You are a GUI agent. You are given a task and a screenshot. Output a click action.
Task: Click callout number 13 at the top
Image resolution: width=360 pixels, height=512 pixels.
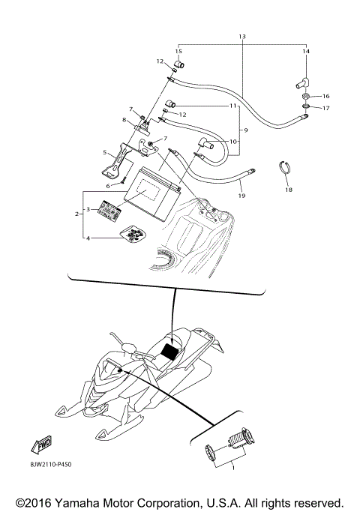tap(241, 37)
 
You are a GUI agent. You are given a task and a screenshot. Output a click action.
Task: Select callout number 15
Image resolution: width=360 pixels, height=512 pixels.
tap(178, 51)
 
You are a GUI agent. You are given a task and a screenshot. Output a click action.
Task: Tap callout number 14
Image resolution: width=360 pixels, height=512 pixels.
tap(305, 51)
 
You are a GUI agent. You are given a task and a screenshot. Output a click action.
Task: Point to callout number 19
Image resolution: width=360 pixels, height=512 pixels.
tap(241, 196)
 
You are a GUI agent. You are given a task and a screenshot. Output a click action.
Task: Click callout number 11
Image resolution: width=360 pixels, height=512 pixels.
tap(233, 106)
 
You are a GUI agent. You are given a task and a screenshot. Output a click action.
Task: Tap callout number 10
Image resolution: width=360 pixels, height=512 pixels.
tap(232, 141)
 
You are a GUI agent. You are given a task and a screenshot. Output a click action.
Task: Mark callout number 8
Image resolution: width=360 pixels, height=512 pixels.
tap(124, 119)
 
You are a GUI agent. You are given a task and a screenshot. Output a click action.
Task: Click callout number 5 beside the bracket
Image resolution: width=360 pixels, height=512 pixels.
tap(105, 152)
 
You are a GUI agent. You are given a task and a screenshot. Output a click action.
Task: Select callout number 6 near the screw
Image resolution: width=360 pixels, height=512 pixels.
tap(107, 185)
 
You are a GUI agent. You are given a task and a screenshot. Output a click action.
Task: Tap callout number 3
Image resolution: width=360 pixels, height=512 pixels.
tap(88, 210)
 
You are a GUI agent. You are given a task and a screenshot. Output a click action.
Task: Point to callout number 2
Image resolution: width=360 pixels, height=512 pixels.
tap(76, 214)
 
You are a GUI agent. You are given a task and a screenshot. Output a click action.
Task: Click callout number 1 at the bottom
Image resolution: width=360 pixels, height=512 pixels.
tap(232, 468)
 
